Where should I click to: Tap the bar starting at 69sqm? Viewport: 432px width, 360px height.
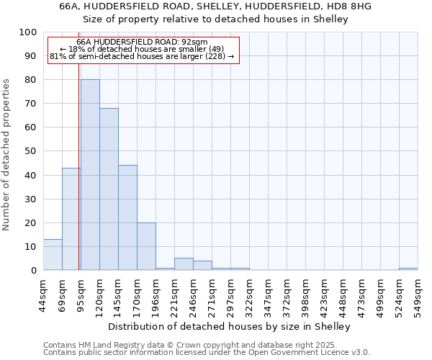71,219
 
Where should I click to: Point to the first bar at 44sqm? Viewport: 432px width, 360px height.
53,255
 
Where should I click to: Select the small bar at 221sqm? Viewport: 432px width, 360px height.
184,264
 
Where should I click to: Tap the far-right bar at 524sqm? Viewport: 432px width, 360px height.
408,269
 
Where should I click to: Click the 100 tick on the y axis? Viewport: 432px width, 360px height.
29,32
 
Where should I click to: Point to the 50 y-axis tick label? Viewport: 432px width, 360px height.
31,151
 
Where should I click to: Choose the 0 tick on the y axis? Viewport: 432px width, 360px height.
34,270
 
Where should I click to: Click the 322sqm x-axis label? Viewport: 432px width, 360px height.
249,294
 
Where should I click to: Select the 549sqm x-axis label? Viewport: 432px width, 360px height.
418,294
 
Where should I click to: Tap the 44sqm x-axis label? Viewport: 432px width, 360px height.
43,294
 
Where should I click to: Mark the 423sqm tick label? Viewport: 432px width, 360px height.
324,294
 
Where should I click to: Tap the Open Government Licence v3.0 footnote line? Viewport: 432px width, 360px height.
207,352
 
